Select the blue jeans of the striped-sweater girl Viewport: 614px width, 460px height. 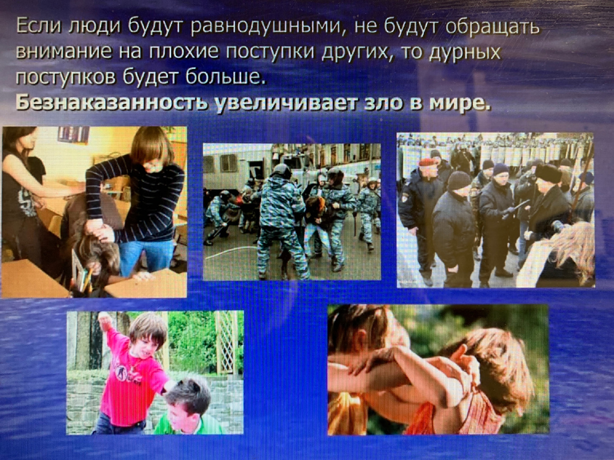tap(146, 256)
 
